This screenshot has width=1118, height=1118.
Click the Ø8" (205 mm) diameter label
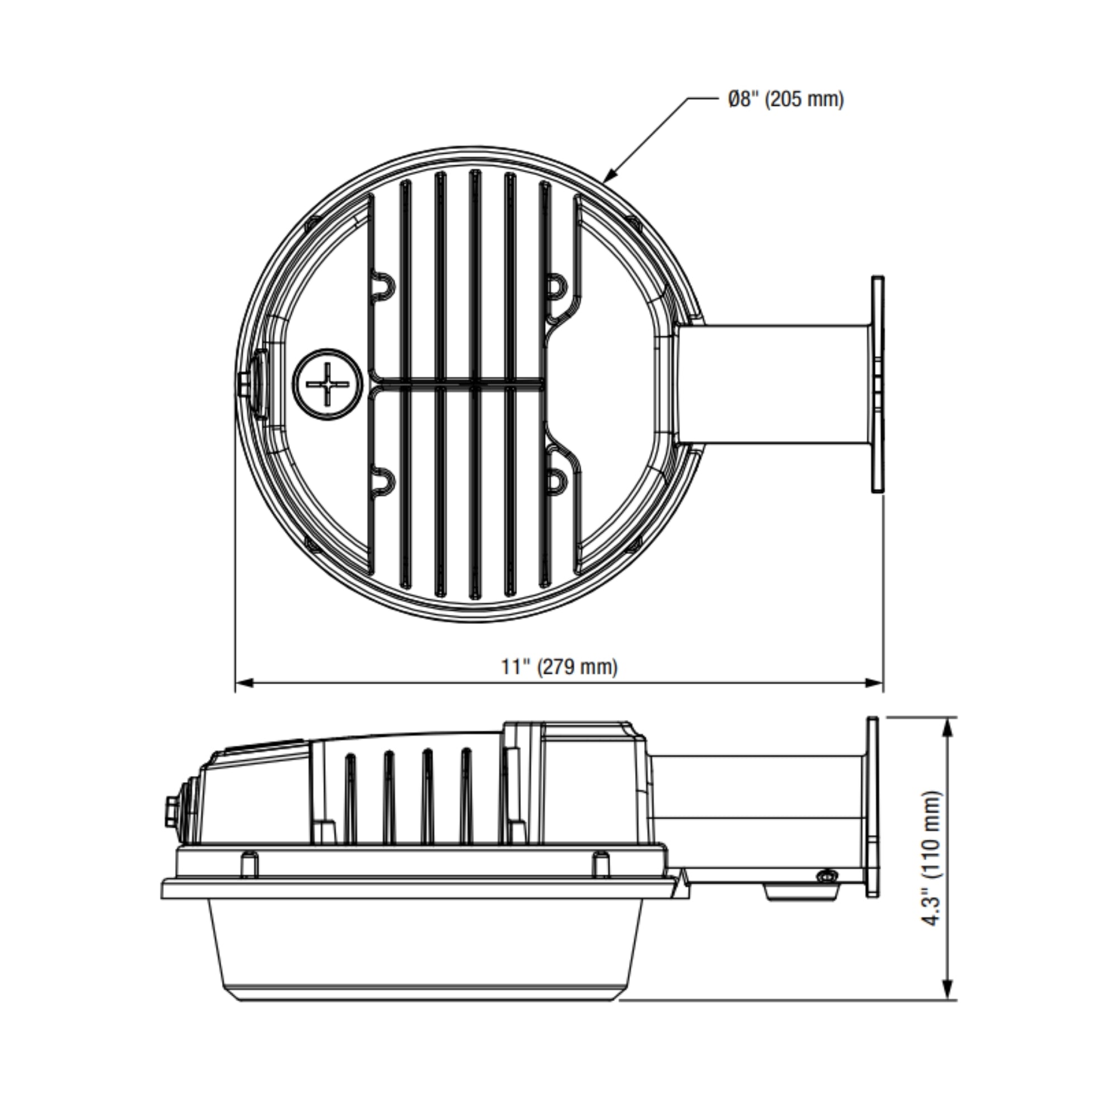pos(786,100)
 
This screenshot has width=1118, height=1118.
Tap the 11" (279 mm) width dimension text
pos(559,667)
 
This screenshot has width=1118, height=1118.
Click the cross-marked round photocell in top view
pos(328,383)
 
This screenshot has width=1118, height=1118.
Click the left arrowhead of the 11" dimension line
pos(245,684)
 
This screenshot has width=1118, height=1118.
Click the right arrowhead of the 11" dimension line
pos(874,684)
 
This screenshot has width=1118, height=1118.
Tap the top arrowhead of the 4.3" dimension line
pos(948,727)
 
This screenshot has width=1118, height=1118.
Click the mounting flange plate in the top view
pos(878,384)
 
